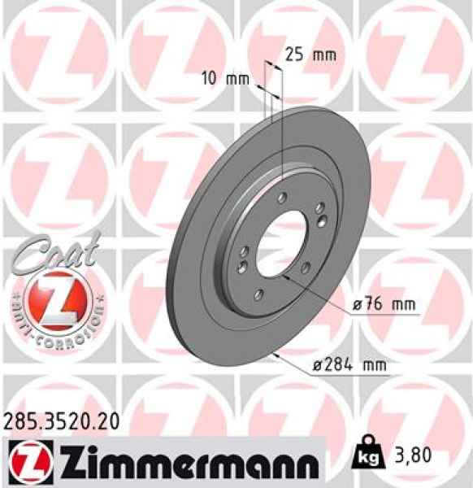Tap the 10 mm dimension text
[x=225, y=80]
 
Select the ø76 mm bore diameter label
[x=383, y=305]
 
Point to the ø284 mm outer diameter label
[x=349, y=366]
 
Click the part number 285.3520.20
[x=62, y=420]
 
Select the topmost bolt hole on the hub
[x=281, y=198]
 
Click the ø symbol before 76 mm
[x=357, y=305]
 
